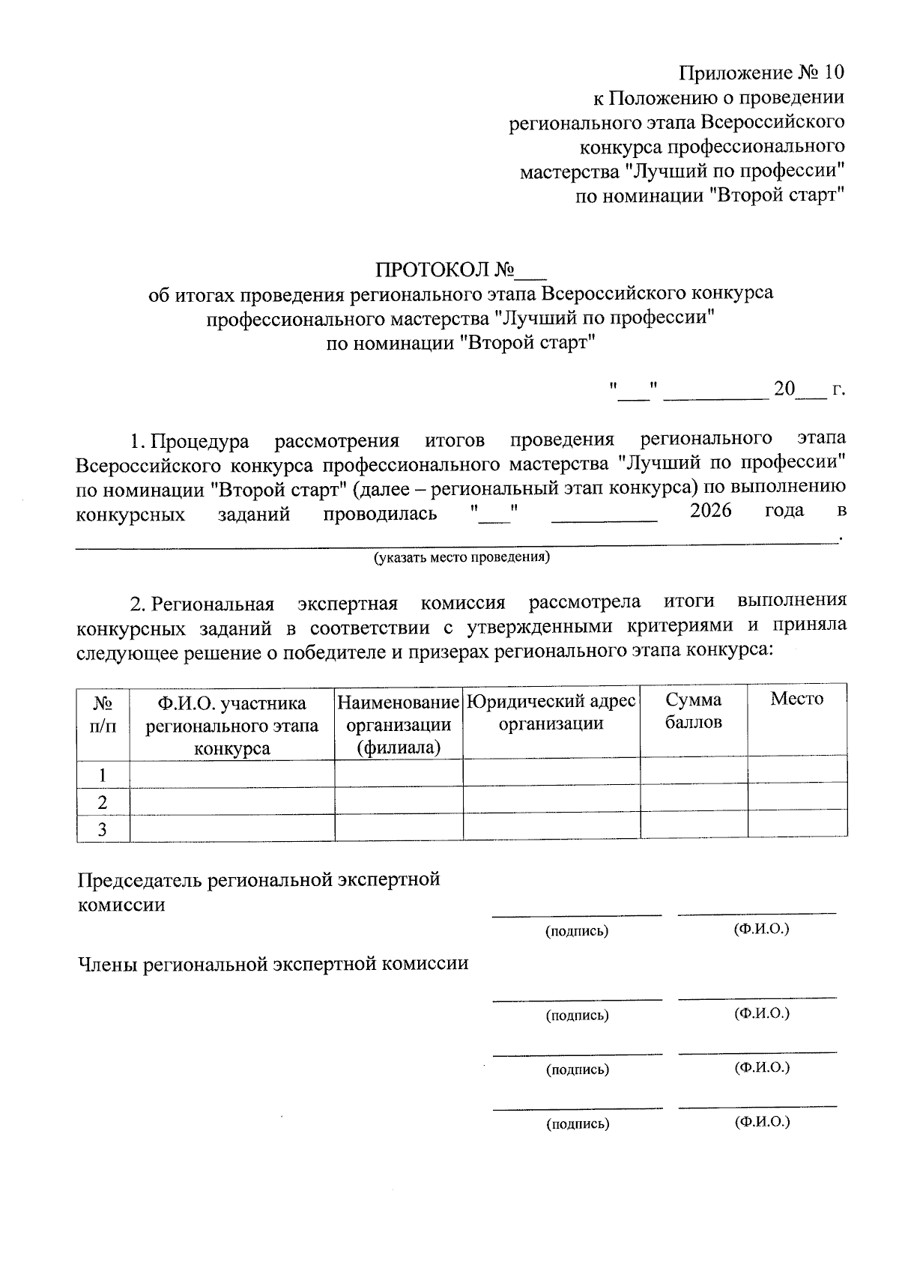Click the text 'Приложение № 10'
761,73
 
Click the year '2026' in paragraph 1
709,512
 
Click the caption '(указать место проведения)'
461,558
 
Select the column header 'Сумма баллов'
693,711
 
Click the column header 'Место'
796,700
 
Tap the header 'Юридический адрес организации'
551,712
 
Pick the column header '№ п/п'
103,713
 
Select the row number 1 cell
103,774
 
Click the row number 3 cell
103,829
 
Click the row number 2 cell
103,802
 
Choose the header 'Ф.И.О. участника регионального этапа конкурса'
231,725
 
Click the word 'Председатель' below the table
140,879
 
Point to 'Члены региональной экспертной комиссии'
273,964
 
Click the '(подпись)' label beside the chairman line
576,932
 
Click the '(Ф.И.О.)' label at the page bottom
762,1121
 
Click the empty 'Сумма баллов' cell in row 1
693,770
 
